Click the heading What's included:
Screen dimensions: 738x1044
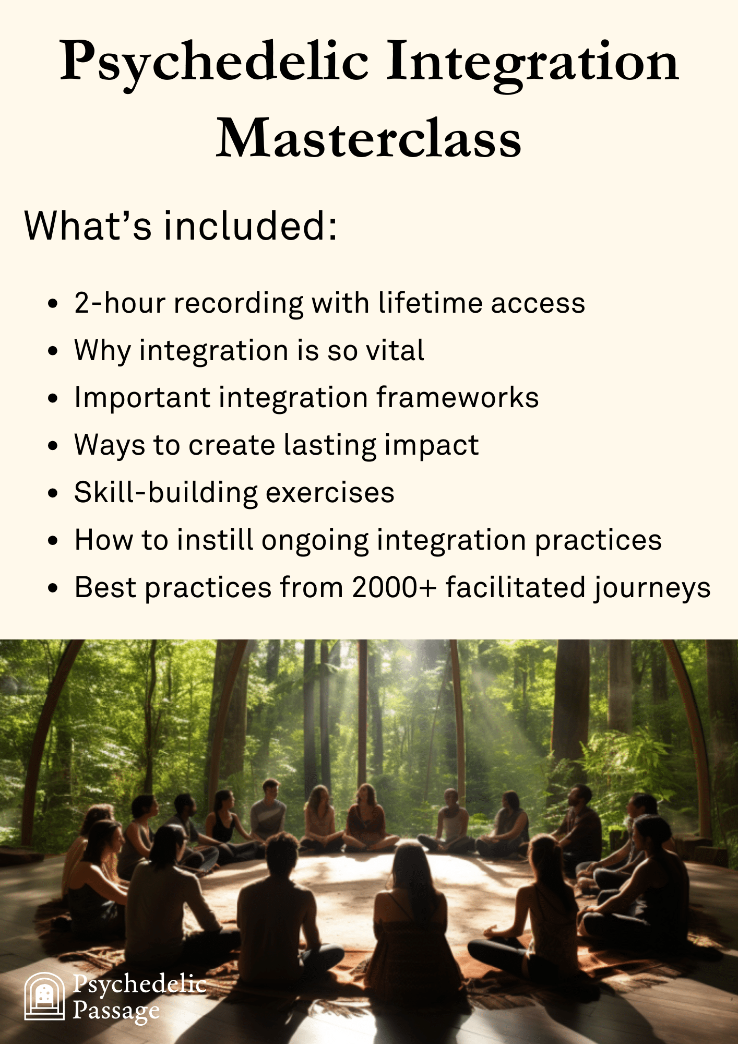pos(181,226)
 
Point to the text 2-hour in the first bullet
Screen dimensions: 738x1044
pos(120,303)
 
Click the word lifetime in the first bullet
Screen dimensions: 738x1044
pos(431,303)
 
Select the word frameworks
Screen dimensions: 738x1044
pos(457,397)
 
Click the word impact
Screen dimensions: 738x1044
pos(432,446)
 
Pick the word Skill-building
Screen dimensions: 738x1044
pos(166,493)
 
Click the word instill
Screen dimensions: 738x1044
pos(215,540)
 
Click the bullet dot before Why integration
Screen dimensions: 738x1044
pos(53,351)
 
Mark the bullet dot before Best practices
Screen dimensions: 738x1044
pos(53,588)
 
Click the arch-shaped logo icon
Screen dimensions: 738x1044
pos(44,996)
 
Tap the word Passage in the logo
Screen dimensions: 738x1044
pos(116,1011)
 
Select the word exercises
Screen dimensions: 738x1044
pos(330,493)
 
